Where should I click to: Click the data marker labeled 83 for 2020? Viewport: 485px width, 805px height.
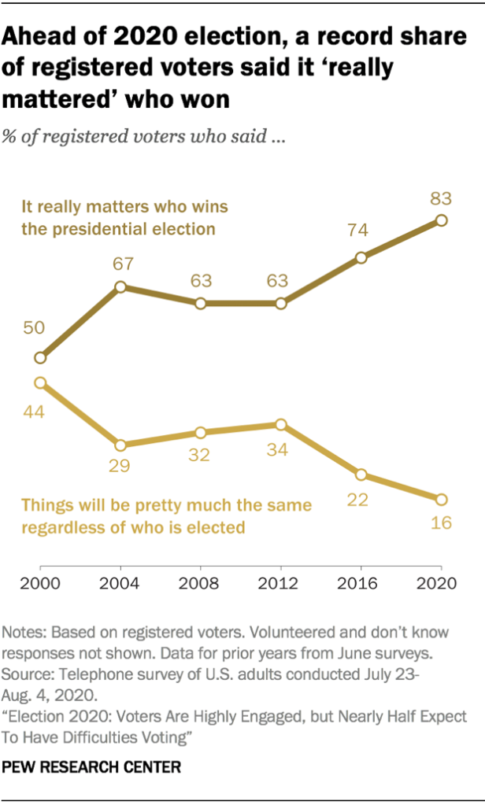(441, 221)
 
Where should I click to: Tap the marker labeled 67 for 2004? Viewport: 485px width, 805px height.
(120, 287)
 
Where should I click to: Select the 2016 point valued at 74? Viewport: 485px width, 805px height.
(361, 257)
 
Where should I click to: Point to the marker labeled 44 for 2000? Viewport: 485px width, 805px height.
(40, 383)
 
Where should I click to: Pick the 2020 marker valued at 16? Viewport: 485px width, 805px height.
(441, 499)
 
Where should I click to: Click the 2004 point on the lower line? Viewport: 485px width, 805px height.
(120, 445)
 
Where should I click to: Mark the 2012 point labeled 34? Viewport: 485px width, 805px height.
(281, 425)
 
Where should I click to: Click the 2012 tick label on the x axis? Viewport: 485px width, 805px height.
(281, 585)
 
